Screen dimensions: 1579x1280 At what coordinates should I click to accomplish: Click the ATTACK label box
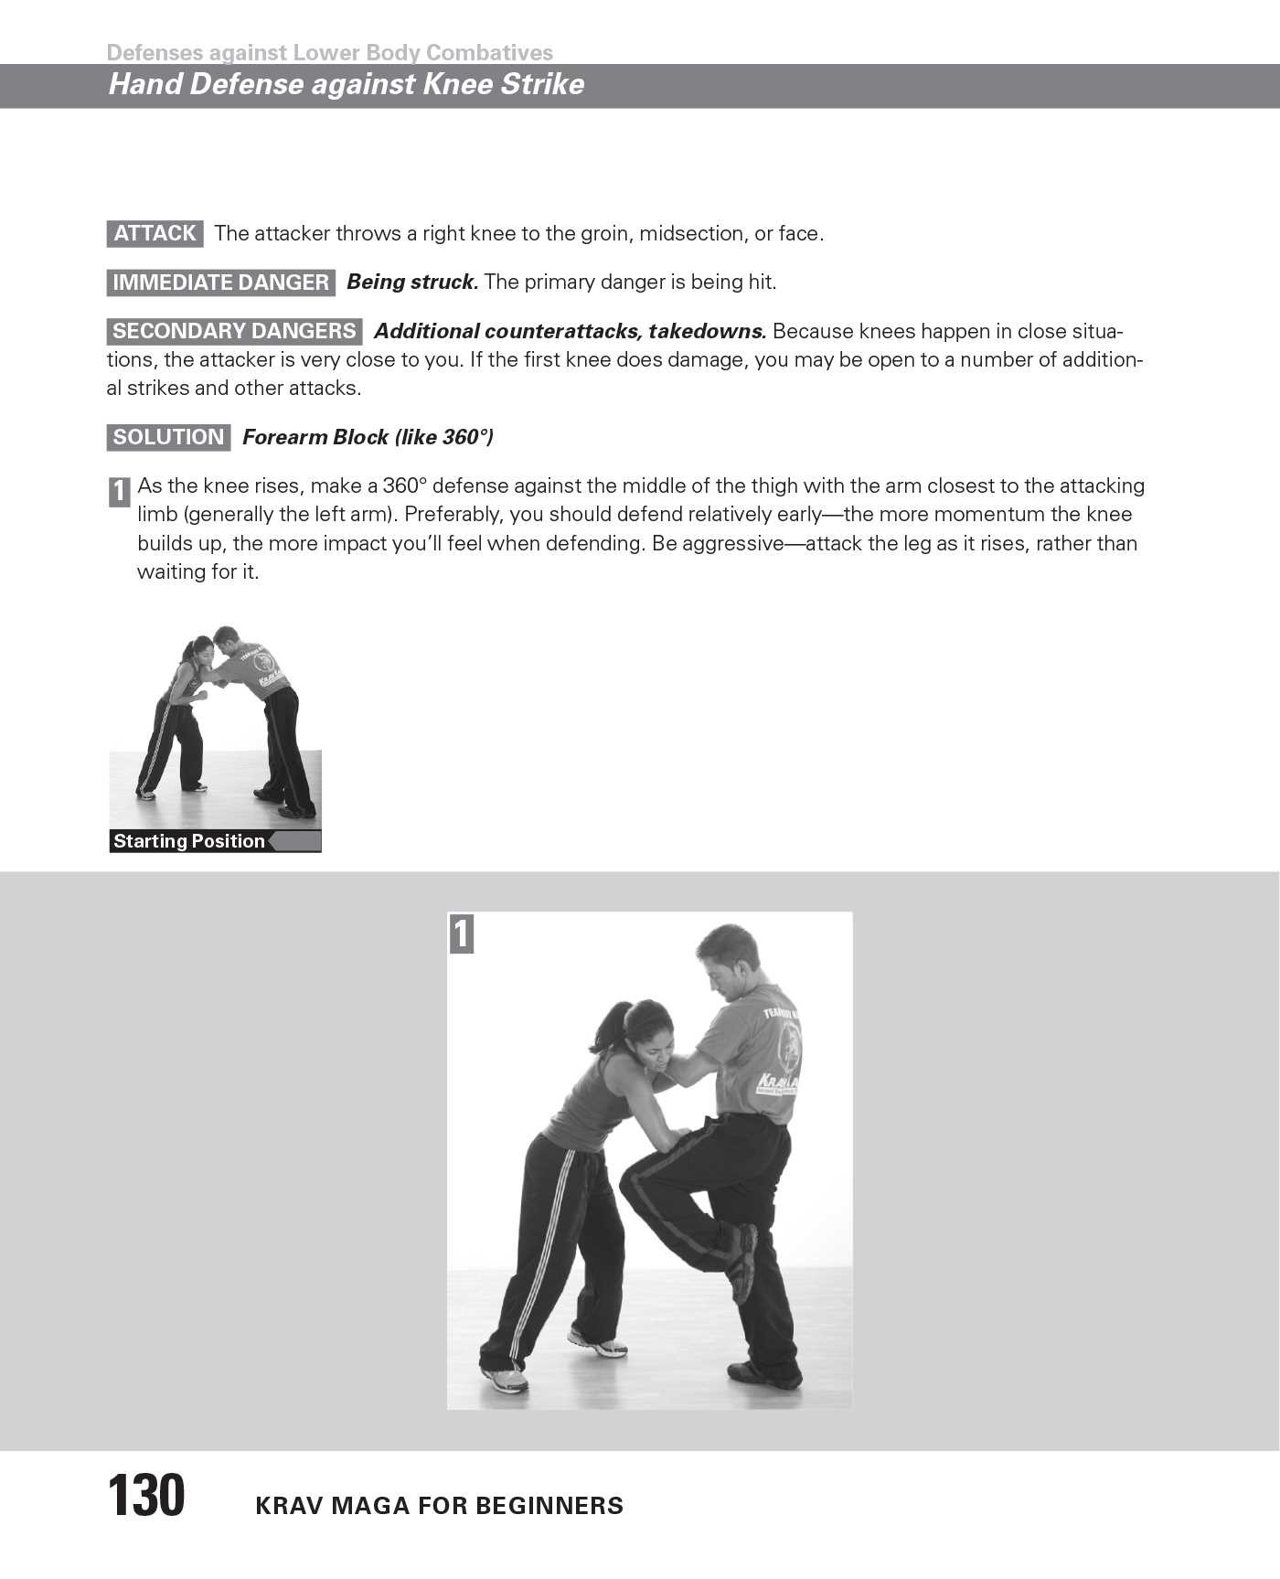pos(155,233)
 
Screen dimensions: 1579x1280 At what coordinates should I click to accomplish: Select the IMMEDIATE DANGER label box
pos(220,283)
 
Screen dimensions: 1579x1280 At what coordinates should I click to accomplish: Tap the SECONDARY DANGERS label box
pos(234,331)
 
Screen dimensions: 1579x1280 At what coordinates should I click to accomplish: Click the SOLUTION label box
pos(168,437)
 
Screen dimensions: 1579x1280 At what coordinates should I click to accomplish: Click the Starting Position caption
pos(189,841)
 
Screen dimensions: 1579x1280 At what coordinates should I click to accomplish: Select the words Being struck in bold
pos(412,282)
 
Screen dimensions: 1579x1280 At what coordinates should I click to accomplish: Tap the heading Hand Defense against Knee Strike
pos(346,84)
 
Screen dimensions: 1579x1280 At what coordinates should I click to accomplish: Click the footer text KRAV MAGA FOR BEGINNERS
pos(439,1506)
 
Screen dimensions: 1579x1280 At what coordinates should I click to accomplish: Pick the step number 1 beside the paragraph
pos(119,492)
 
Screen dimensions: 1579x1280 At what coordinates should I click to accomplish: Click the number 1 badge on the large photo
pos(462,934)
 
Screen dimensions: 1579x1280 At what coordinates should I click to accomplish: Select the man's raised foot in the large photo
pos(742,1263)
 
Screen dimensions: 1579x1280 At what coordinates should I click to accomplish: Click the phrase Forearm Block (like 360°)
pos(368,437)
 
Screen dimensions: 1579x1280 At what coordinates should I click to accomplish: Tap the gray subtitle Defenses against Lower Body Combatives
pos(329,52)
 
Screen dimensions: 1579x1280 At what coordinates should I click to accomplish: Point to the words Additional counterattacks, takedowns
pos(570,331)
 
